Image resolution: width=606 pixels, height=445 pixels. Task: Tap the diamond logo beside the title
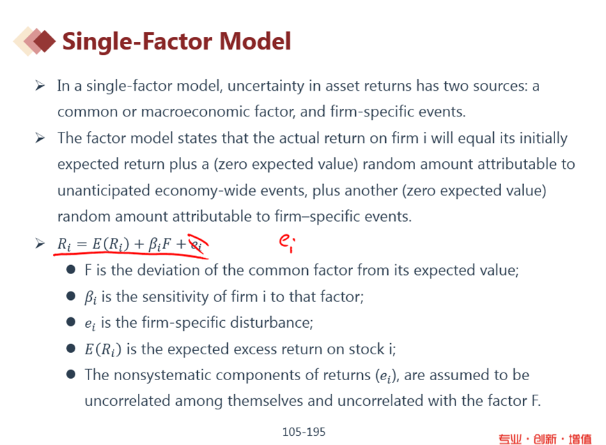(x=34, y=41)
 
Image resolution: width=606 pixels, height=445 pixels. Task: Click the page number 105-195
(x=304, y=432)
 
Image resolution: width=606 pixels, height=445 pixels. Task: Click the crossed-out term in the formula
(x=197, y=245)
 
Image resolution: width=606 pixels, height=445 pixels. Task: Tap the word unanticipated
(x=104, y=191)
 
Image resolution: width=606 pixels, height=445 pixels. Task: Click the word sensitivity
(x=172, y=297)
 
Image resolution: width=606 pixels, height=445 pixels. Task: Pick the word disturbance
(x=272, y=322)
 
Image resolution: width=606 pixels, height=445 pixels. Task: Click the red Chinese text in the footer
(x=545, y=439)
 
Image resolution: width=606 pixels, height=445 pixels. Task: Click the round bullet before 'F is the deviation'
(x=71, y=270)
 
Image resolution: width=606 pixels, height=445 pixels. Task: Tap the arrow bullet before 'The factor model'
(x=40, y=138)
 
